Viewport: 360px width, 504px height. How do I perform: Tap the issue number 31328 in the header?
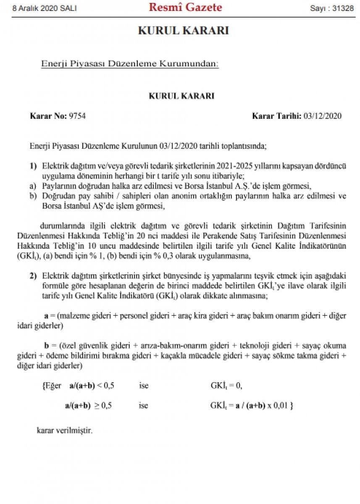(x=344, y=8)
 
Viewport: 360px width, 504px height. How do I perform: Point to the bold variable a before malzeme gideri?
(x=47, y=315)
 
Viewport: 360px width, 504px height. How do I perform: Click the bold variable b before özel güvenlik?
(x=47, y=346)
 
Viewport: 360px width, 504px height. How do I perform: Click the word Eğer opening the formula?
(x=53, y=386)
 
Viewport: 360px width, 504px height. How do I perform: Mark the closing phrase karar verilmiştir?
(x=64, y=430)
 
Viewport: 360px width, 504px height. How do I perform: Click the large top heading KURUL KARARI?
(x=183, y=31)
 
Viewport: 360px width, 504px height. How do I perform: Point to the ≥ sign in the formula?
(x=96, y=406)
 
